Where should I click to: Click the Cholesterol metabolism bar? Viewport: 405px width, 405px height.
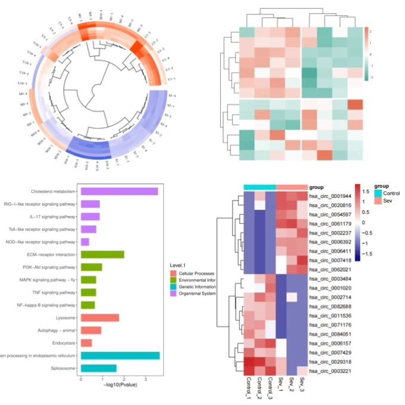point(119,191)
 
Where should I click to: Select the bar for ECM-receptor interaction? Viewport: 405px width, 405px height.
point(102,254)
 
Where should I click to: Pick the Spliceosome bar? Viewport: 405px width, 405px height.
point(98,368)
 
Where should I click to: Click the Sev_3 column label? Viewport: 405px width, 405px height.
point(302,388)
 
